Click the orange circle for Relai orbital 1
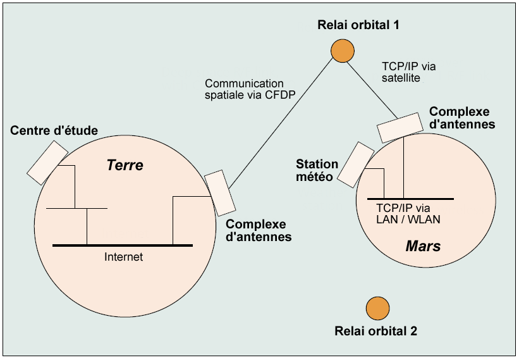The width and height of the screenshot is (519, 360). pos(342,50)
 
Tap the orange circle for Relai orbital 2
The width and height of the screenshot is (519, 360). pos(377,308)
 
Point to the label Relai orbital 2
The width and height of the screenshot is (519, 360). pos(376,330)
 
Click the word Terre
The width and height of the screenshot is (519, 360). pos(125,166)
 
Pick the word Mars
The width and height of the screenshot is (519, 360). pos(423,245)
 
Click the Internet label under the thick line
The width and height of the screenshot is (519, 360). pos(124,257)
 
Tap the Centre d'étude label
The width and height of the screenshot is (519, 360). pos(54,131)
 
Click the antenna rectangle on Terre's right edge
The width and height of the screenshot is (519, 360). pos(219,192)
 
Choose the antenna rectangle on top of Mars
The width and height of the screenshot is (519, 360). pos(400,127)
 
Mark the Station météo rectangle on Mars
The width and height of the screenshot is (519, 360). pos(355,164)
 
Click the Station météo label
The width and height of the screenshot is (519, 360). pos(317,170)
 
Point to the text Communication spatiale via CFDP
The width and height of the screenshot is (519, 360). pos(244,89)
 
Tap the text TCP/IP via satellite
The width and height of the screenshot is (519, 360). pos(408,71)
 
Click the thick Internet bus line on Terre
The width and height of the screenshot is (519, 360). pos(123,245)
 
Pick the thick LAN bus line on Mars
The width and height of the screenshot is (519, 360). pos(410,199)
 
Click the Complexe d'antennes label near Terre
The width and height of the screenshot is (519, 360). pos(259,230)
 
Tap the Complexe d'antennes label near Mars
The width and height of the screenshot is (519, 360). pos(461,118)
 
